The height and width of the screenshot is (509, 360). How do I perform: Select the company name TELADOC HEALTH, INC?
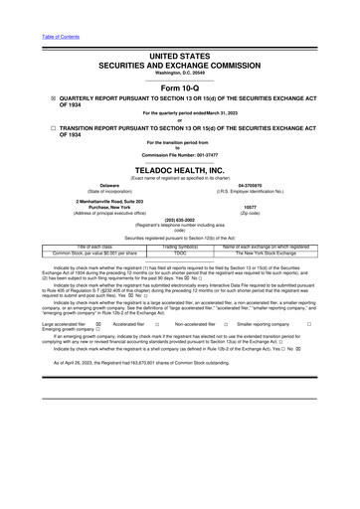coord(180,169)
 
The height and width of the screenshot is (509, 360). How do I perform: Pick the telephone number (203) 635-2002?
coord(180,221)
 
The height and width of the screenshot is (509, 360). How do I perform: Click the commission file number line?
coord(180,155)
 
